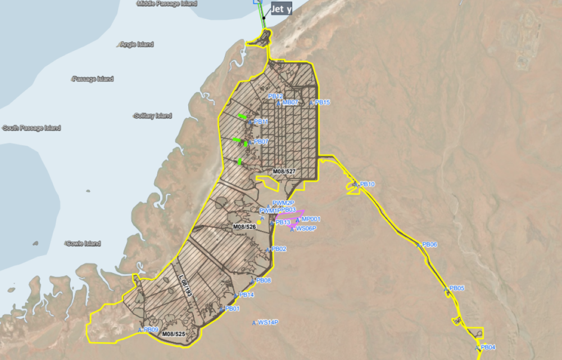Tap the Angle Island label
pyautogui.click(x=137, y=44)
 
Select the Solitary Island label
pyautogui.click(x=153, y=116)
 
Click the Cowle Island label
pyautogui.click(x=83, y=244)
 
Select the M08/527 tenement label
pyautogui.click(x=284, y=170)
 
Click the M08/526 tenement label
pyautogui.click(x=244, y=227)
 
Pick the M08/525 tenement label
pyautogui.click(x=174, y=334)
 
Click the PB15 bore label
pyautogui.click(x=323, y=102)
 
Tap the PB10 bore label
pyautogui.click(x=367, y=184)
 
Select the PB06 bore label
pyautogui.click(x=429, y=245)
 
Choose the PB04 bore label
pyautogui.click(x=488, y=347)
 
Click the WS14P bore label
pyautogui.click(x=268, y=322)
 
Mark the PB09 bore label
pyautogui.click(x=151, y=330)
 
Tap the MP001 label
pyautogui.click(x=311, y=219)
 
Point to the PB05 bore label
pyautogui.click(x=457, y=288)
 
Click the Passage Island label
pyautogui.click(x=93, y=79)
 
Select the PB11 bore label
pyautogui.click(x=261, y=121)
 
